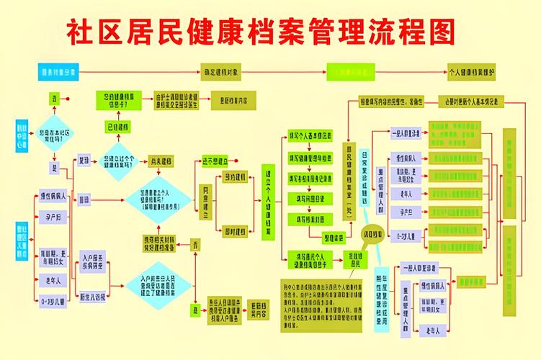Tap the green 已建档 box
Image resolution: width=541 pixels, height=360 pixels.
pyautogui.click(x=117, y=127)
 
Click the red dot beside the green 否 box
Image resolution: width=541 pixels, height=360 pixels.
pyautogui.click(x=68, y=98)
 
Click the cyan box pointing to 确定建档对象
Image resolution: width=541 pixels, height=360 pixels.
pyautogui.click(x=58, y=72)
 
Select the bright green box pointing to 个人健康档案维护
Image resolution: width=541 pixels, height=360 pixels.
pyautogui.click(x=351, y=72)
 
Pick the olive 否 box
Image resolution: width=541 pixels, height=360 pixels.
pyautogui.click(x=195, y=246)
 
